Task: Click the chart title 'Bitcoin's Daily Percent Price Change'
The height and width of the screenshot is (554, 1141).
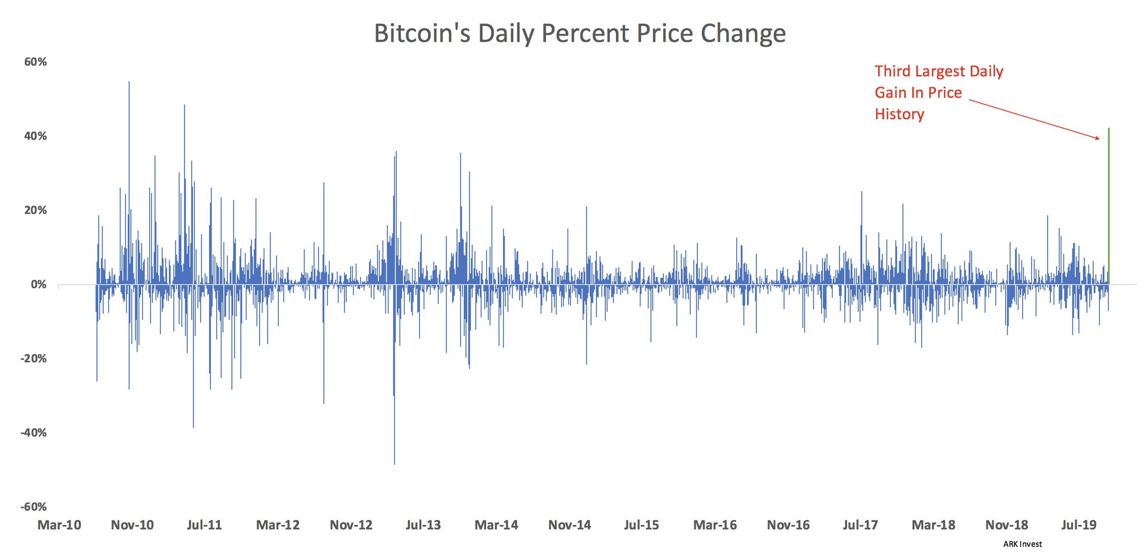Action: click(x=580, y=33)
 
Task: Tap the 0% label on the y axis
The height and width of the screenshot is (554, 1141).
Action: click(x=38, y=284)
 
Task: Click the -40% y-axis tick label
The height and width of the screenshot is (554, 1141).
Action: click(x=33, y=432)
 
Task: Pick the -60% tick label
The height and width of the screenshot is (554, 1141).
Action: click(x=33, y=507)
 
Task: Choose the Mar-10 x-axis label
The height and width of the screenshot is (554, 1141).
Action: click(x=59, y=525)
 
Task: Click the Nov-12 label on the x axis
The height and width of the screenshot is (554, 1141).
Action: click(x=351, y=525)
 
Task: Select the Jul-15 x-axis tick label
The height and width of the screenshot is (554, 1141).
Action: click(x=642, y=525)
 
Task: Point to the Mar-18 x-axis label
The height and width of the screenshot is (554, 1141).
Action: click(x=934, y=525)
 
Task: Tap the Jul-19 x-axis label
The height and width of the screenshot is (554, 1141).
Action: click(x=1079, y=525)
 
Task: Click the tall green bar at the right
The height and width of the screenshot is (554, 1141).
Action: click(x=1109, y=206)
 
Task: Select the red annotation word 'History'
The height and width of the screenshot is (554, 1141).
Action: click(x=899, y=114)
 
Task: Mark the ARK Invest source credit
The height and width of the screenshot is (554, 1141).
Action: click(x=1022, y=544)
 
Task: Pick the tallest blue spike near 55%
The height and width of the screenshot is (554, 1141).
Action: click(x=129, y=84)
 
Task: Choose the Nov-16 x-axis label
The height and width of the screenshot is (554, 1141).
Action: click(x=788, y=525)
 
